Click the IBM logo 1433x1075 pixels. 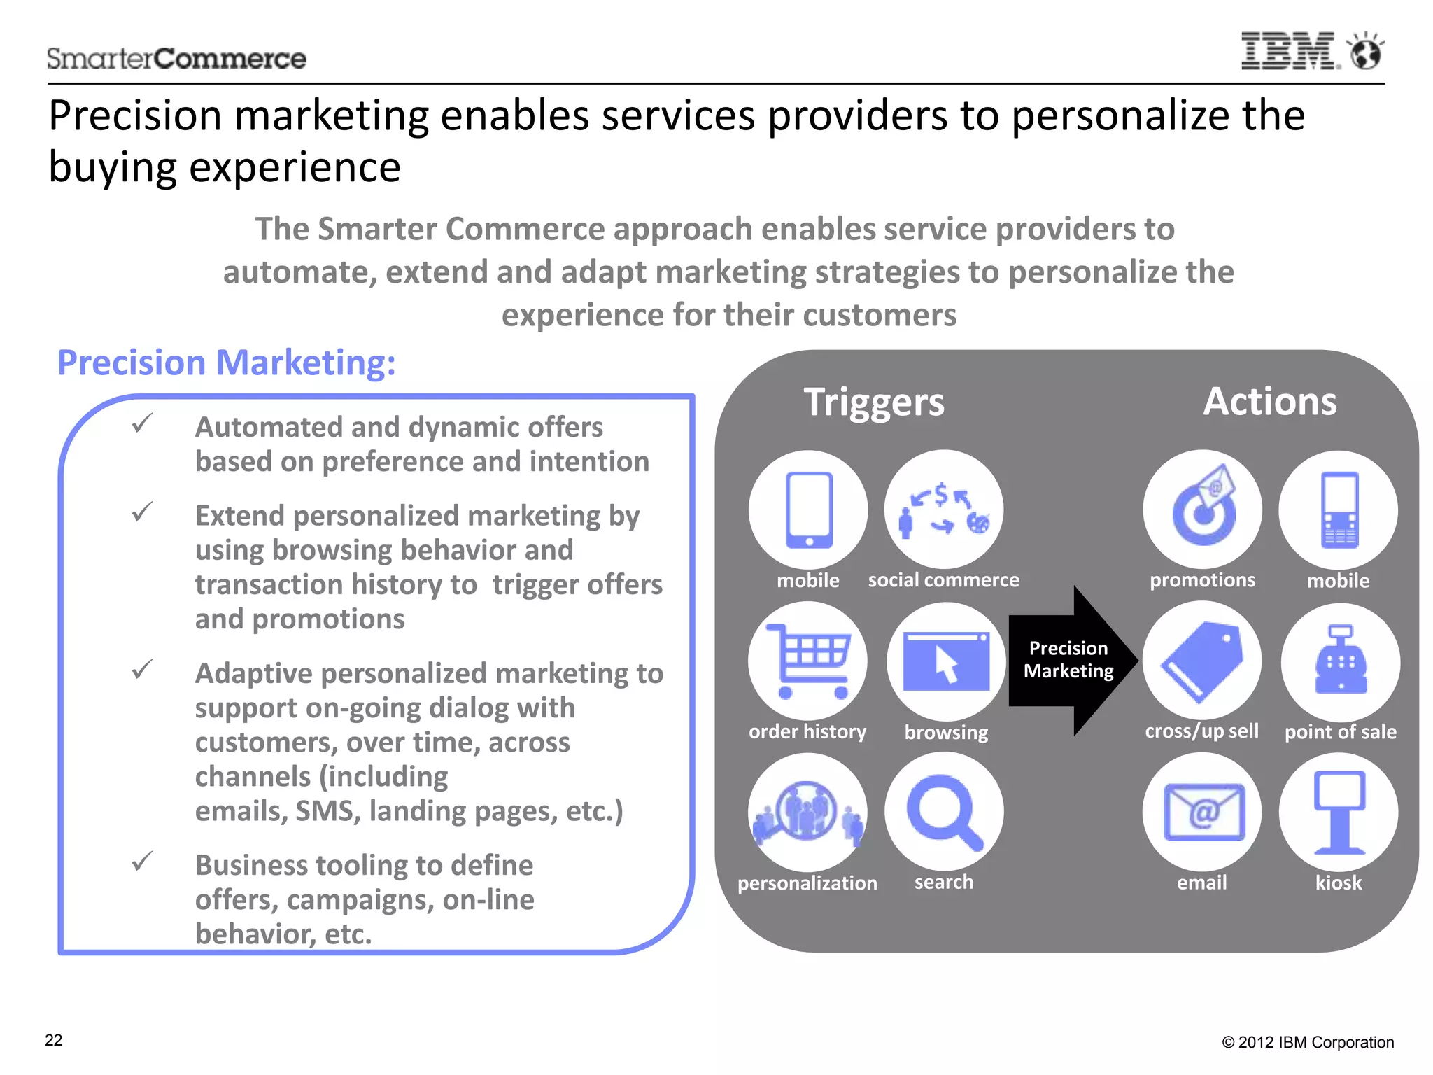[x=1290, y=51]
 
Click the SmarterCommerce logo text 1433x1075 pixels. [x=176, y=59]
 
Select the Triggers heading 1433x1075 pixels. [x=873, y=402]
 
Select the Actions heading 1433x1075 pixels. [x=1269, y=402]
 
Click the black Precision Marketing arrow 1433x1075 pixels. [x=1071, y=660]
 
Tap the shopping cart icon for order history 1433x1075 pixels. [x=807, y=661]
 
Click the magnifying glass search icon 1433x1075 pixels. [x=944, y=812]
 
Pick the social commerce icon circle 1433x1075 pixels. [x=943, y=510]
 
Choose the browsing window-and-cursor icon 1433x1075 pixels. [x=946, y=661]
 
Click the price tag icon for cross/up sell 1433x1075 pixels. [x=1202, y=661]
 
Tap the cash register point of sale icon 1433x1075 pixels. [x=1340, y=661]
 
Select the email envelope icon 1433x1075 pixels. [x=1202, y=812]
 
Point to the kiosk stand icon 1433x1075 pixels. [x=1339, y=812]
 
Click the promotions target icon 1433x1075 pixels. [x=1203, y=510]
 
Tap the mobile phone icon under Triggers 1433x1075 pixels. [x=808, y=510]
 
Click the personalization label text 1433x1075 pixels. [x=807, y=883]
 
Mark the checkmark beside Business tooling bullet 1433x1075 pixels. [x=142, y=862]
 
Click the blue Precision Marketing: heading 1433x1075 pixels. [x=226, y=363]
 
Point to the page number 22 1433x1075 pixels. [x=54, y=1041]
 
